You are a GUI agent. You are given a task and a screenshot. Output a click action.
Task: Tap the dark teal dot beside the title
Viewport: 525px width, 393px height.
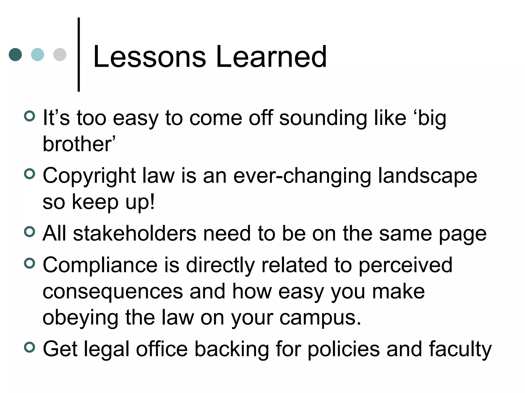click(15, 54)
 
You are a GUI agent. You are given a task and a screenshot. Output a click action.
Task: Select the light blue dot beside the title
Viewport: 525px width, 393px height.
click(37, 54)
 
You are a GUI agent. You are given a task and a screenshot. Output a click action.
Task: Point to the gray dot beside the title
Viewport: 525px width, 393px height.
click(60, 54)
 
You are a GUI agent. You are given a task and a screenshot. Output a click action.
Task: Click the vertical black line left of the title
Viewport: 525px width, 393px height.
click(79, 54)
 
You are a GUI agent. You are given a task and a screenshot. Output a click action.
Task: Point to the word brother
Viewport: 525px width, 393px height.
click(77, 144)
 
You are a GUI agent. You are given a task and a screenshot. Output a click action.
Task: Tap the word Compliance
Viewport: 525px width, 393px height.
click(100, 266)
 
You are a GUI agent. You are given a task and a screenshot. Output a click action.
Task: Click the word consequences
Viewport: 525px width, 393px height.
click(113, 292)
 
